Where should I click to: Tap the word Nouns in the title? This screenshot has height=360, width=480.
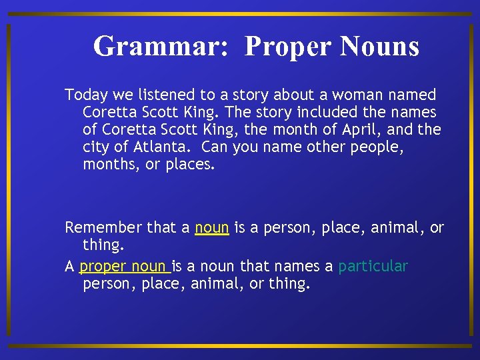379,47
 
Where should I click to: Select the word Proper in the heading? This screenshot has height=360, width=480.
288,47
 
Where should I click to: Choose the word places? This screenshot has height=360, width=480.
190,165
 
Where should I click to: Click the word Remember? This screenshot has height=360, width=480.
103,228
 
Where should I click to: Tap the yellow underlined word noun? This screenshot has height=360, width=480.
212,228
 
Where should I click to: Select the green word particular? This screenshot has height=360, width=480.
373,267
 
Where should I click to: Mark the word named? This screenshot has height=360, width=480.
415,95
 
